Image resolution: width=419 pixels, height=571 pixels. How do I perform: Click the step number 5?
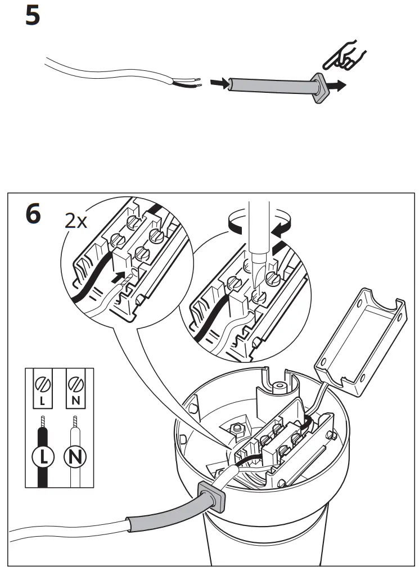pyautogui.click(x=33, y=16)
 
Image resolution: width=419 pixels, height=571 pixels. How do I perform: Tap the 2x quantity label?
pyautogui.click(x=76, y=221)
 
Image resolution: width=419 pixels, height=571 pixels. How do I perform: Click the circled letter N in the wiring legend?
pyautogui.click(x=74, y=456)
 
